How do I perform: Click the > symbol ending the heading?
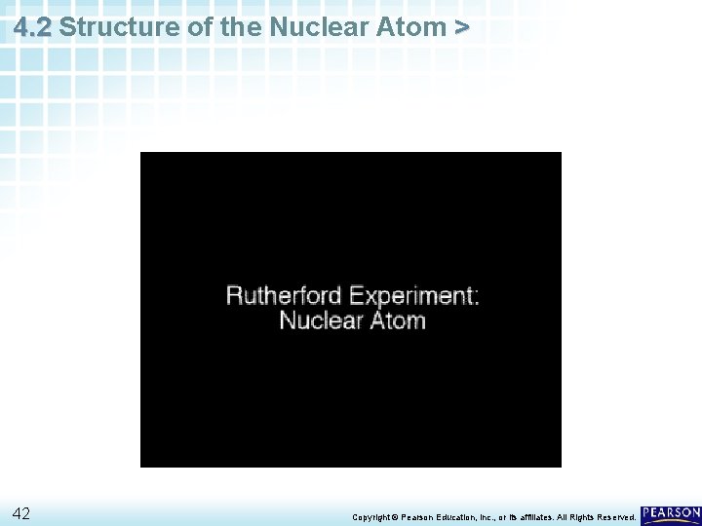tap(461, 27)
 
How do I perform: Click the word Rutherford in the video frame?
tap(283, 295)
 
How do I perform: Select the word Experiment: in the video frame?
tap(414, 295)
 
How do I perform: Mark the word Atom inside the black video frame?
tap(395, 320)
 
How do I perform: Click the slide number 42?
tap(21, 513)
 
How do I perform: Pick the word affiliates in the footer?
tap(537, 517)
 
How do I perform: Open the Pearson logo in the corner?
tap(671, 513)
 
